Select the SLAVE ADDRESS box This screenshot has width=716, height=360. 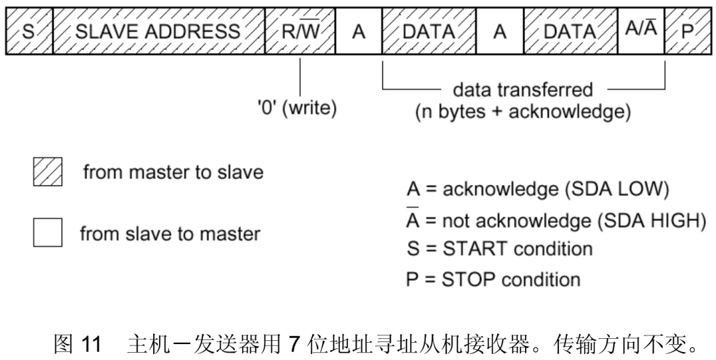(157, 31)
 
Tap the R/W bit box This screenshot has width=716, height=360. (300, 31)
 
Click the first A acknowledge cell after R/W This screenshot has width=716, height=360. (359, 31)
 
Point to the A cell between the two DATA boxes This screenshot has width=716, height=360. (500, 31)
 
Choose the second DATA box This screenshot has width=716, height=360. (570, 31)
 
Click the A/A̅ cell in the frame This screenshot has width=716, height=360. (641, 31)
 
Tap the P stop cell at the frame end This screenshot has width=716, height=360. (687, 31)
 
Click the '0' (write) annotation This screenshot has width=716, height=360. (297, 109)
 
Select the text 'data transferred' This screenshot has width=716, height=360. (523, 90)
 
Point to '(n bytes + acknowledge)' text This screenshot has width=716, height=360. (523, 111)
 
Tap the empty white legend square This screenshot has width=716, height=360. (47, 233)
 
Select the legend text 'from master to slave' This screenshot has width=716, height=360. (173, 172)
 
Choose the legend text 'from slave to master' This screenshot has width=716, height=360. (170, 233)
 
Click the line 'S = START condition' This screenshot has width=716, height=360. (499, 249)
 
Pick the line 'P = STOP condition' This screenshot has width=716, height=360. (493, 279)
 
